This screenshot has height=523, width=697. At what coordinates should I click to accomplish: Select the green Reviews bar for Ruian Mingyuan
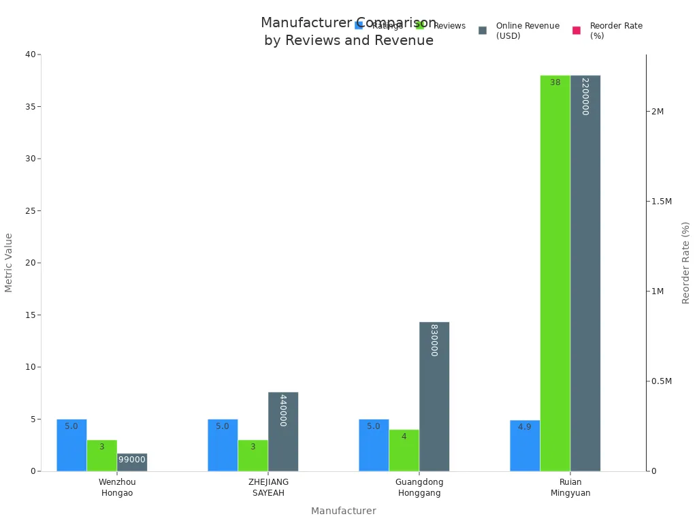click(555, 272)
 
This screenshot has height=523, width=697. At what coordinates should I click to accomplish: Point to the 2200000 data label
click(585, 96)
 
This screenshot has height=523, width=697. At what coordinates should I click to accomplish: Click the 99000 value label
click(131, 460)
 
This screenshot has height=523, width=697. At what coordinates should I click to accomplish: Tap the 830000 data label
click(434, 340)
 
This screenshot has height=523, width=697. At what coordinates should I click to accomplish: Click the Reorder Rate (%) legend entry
click(615, 31)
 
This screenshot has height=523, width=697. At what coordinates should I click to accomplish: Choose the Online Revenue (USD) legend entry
click(527, 31)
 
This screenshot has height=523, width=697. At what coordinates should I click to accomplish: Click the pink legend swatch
click(577, 31)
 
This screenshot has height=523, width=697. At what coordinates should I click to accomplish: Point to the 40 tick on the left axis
click(30, 54)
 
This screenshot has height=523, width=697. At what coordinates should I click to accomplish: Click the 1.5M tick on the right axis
click(660, 202)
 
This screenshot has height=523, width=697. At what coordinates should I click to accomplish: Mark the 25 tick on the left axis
click(30, 210)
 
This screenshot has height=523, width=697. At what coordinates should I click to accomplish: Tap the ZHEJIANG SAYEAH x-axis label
click(268, 488)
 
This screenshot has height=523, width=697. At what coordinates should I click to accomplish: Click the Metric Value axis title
click(9, 262)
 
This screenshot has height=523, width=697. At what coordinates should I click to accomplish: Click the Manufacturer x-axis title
click(343, 511)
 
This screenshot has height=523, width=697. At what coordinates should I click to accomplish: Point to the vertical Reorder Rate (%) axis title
click(685, 262)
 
